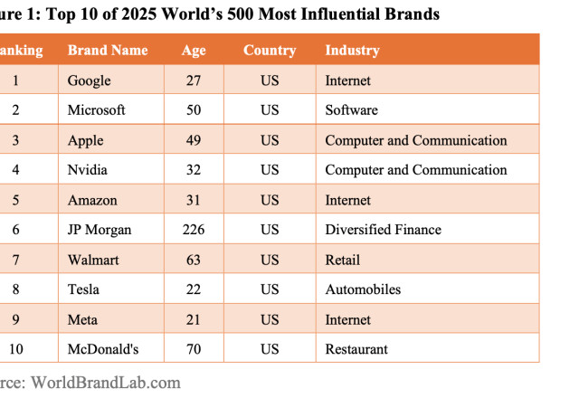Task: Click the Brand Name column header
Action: pyautogui.click(x=107, y=51)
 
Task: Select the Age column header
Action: pyautogui.click(x=193, y=51)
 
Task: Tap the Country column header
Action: pyautogui.click(x=269, y=51)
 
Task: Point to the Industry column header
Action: pyautogui.click(x=352, y=51)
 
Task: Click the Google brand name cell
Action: pyautogui.click(x=89, y=81)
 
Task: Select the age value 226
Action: pyautogui.click(x=193, y=230)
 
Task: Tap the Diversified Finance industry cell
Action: pyautogui.click(x=383, y=230)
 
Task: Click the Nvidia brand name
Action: pyautogui.click(x=89, y=170)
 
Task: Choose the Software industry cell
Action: pyautogui.click(x=351, y=110)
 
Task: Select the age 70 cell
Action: pyautogui.click(x=193, y=349)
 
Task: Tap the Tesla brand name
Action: pyautogui.click(x=84, y=289)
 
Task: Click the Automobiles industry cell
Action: pyautogui.click(x=362, y=289)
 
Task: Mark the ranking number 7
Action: pyautogui.click(x=14, y=260)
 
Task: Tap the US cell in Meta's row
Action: pyautogui.click(x=270, y=319)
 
